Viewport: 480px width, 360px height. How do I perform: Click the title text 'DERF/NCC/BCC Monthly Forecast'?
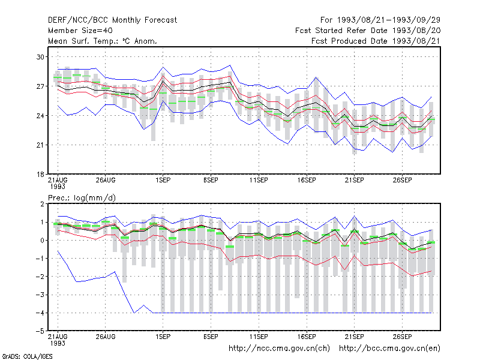pyautogui.click(x=112, y=20)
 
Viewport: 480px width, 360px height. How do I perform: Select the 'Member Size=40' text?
pyautogui.click(x=80, y=31)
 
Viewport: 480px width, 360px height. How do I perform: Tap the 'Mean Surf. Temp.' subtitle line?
pyautogui.click(x=102, y=41)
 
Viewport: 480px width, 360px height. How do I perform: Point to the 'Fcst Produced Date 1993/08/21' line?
pyautogui.click(x=376, y=41)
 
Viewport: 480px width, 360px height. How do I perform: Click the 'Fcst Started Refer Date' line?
pyautogui.click(x=368, y=31)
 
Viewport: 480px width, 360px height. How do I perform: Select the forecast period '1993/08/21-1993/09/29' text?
pyautogui.click(x=389, y=20)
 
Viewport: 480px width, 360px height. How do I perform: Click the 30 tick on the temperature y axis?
pyautogui.click(x=40, y=57)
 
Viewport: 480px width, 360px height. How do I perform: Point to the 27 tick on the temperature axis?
pyautogui.click(x=40, y=86)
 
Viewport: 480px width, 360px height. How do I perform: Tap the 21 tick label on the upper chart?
pyautogui.click(x=40, y=145)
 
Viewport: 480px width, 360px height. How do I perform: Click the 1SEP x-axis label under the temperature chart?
pyautogui.click(x=163, y=180)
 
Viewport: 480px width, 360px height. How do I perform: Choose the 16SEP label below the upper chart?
pyautogui.click(x=307, y=180)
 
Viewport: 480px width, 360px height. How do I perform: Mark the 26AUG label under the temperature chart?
pyautogui.click(x=106, y=180)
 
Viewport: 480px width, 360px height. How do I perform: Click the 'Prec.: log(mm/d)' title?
pyautogui.click(x=82, y=198)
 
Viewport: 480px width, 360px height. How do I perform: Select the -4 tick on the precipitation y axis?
pyautogui.click(x=40, y=313)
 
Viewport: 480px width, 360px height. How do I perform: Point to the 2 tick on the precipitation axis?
pyautogui.click(x=42, y=204)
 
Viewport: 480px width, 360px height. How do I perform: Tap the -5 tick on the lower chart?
pyautogui.click(x=40, y=331)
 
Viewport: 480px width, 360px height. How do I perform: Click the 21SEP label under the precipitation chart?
pyautogui.click(x=354, y=337)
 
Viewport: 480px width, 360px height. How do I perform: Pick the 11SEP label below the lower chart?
pyautogui.click(x=259, y=337)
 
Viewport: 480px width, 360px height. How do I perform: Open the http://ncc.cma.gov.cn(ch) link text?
pyautogui.click(x=279, y=349)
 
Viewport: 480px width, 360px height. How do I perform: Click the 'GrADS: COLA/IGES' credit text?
pyautogui.click(x=27, y=356)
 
